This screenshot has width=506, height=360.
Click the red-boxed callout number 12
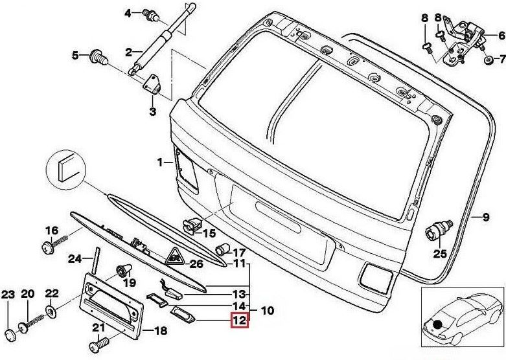239,319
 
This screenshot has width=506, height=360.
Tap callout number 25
440,253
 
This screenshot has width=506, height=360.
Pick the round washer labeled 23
8,333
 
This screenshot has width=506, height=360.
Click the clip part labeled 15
190,225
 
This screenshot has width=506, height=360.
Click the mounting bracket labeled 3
154,85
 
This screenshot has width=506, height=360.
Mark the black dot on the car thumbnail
439,324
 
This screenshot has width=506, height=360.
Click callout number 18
160,331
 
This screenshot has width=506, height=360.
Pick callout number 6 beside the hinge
501,36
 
